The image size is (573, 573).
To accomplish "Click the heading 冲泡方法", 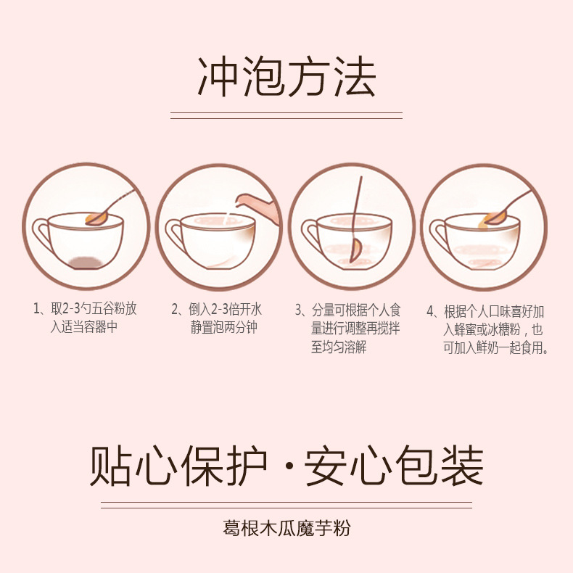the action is coord(287,76).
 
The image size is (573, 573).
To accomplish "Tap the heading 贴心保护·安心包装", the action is coord(287,466).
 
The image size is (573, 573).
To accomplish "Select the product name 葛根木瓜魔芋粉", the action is coord(287,528).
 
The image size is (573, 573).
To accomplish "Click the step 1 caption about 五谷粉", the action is coord(85,318).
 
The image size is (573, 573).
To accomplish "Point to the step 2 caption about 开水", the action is coord(217,318).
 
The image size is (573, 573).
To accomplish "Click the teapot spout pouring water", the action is coord(243,200).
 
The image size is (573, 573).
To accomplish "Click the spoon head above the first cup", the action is coord(96,219).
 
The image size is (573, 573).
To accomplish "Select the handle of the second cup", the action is coord(174,233).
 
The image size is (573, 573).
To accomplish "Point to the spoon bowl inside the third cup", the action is coord(355,250).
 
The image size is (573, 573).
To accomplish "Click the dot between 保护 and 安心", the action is coord(289,466).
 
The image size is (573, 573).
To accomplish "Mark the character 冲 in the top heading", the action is coord(218,76).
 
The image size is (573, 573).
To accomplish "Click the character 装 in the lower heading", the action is coord(463,466).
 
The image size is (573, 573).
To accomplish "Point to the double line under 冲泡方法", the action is coord(286,115).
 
